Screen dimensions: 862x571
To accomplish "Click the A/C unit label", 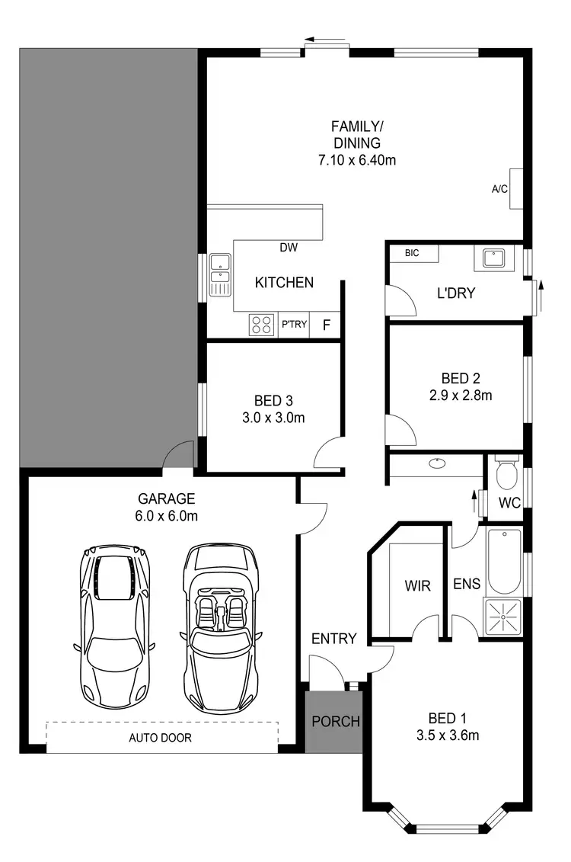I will (499, 188).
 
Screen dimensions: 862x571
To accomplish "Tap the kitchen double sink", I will (220, 274).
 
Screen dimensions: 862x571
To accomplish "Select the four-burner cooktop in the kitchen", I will (261, 325).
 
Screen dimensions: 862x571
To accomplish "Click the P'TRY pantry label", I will (294, 325).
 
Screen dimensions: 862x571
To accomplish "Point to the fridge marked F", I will (327, 325).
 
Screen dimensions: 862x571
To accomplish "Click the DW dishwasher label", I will (289, 247).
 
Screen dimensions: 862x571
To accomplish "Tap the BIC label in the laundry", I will (412, 253).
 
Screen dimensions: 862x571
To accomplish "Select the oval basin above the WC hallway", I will (437, 463).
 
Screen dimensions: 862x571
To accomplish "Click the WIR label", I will (417, 586).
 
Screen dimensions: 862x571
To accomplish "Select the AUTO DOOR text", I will (160, 738).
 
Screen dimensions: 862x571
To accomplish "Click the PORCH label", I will (336, 721).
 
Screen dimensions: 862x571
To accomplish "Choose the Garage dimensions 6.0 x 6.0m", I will (167, 516).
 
